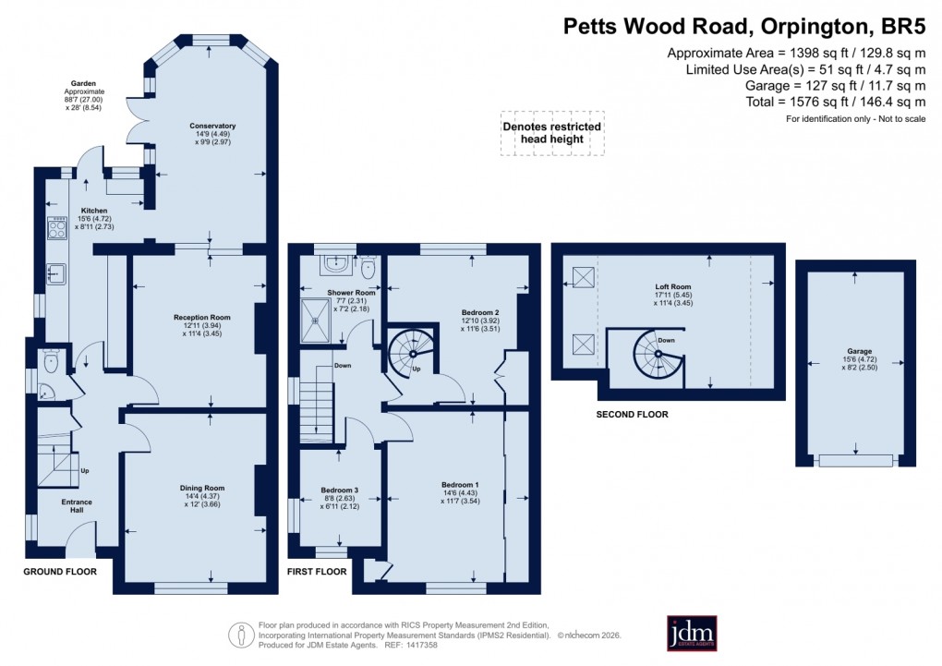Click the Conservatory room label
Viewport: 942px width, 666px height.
(x=212, y=126)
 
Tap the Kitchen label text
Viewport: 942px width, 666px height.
(x=93, y=210)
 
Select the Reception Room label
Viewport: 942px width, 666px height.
(x=201, y=317)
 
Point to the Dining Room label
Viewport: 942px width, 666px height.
(x=201, y=488)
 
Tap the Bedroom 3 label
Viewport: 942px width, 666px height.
(x=339, y=490)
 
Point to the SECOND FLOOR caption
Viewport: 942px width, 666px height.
(x=632, y=415)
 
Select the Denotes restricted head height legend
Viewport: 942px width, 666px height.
(x=552, y=132)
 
